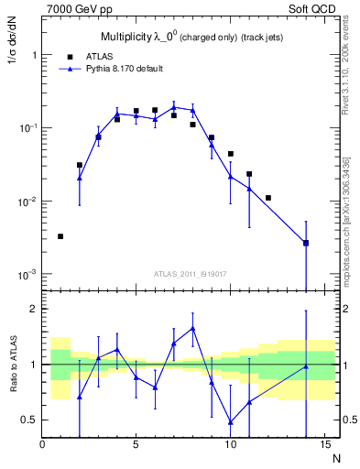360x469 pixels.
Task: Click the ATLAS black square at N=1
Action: tap(60, 236)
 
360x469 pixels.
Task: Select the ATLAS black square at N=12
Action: tap(267, 198)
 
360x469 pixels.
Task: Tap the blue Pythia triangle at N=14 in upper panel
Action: tap(306, 243)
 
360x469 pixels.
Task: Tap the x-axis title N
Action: tap(335, 458)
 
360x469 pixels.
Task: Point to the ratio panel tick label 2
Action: tap(32, 309)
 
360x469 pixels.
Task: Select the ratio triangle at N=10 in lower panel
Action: tap(231, 422)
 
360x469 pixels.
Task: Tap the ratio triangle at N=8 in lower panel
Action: tap(193, 329)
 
